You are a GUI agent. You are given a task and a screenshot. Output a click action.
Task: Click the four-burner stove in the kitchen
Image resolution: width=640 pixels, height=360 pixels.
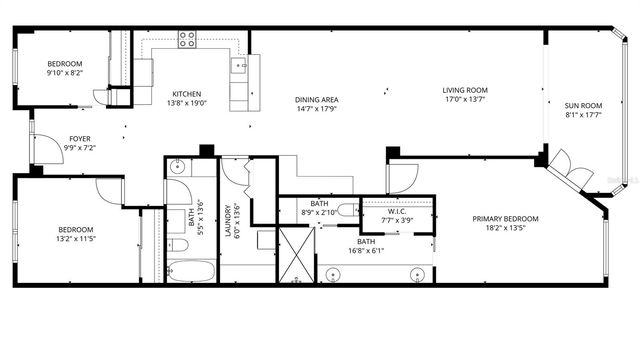tap(187, 39)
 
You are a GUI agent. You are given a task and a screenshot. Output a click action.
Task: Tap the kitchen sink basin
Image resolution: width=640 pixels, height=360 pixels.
tap(240, 66)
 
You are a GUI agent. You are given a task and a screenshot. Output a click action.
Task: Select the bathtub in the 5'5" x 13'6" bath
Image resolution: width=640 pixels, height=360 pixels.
tap(190, 271)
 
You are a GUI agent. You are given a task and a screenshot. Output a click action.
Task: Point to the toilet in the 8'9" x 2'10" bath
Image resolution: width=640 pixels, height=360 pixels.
tap(346, 210)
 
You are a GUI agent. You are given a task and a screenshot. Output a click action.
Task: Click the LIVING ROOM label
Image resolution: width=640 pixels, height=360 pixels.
tap(465, 91)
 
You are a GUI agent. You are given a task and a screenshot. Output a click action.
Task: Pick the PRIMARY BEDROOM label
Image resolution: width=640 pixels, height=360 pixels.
tap(506, 218)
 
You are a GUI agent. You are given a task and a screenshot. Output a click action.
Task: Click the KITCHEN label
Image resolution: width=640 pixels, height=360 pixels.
tap(186, 93)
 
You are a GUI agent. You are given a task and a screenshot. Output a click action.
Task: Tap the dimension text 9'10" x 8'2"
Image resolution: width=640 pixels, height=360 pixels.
tap(65, 72)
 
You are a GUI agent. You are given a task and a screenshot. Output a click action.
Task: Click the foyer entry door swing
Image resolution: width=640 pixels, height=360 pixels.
tap(47, 150)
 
